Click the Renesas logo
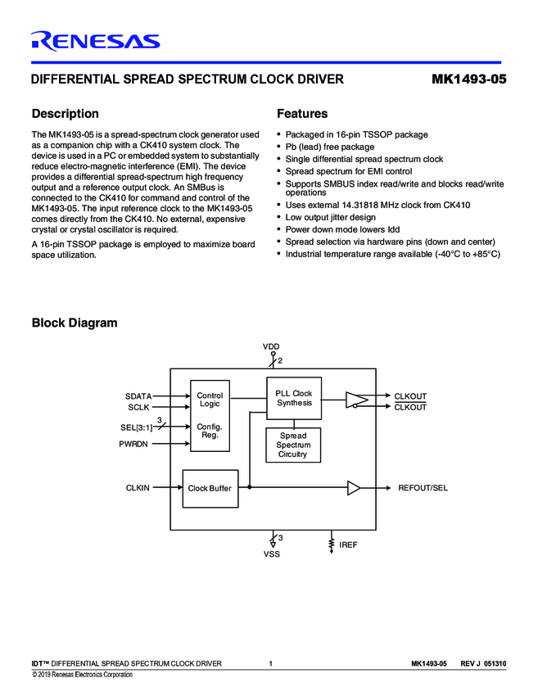click(95, 40)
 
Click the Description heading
click(65, 114)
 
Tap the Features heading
click(302, 114)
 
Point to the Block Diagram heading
click(74, 323)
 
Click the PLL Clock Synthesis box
click(294, 399)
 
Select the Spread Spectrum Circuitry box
click(293, 445)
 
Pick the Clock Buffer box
click(210, 488)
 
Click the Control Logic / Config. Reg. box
click(210, 415)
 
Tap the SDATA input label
click(138, 396)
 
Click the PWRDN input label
click(135, 444)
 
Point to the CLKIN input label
click(138, 488)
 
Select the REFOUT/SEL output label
click(423, 488)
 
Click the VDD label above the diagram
click(271, 347)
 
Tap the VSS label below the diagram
click(271, 554)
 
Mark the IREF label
click(348, 544)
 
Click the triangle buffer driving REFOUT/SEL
click(354, 488)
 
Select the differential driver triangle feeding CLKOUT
click(356, 400)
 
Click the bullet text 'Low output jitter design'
click(331, 217)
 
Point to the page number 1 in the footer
click(270, 663)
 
